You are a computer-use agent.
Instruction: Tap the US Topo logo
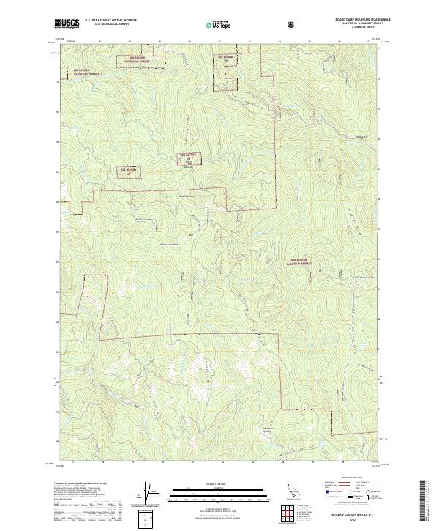[219, 23]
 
